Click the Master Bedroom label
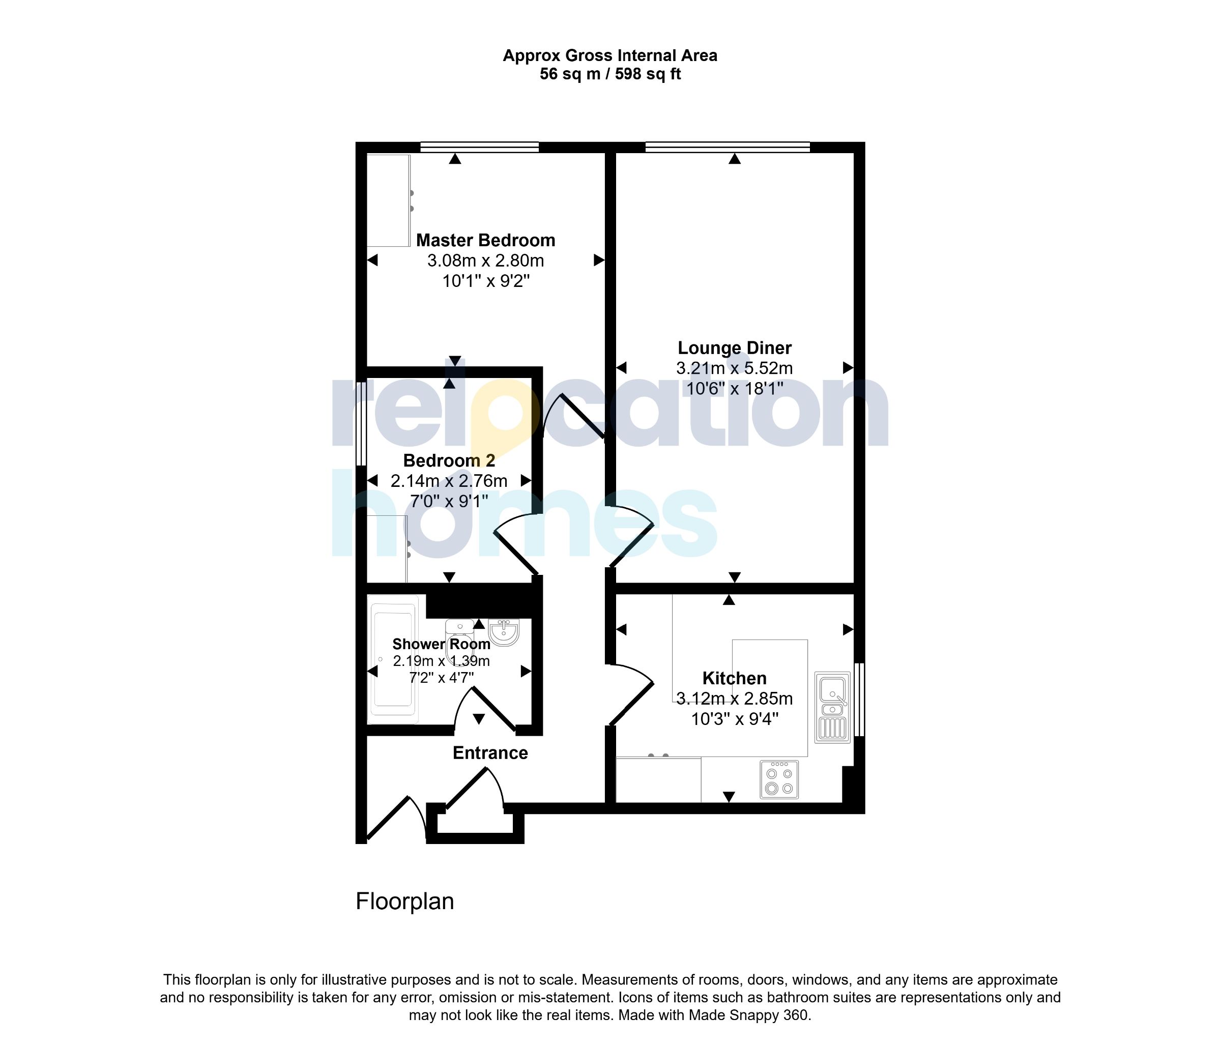pos(485,241)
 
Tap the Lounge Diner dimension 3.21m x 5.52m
pos(734,368)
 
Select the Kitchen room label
pos(734,678)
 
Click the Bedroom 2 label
pos(449,460)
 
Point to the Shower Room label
pos(442,644)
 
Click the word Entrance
pos(490,753)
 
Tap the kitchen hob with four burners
pos(779,779)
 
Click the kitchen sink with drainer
pos(833,707)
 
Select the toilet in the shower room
pos(459,636)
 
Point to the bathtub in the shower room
pos(393,659)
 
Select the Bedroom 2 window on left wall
pos(361,424)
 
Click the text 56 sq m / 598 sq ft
pos(610,74)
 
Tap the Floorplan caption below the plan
pos(405,901)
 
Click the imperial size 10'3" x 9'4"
pos(734,719)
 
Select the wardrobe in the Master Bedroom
pos(388,201)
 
